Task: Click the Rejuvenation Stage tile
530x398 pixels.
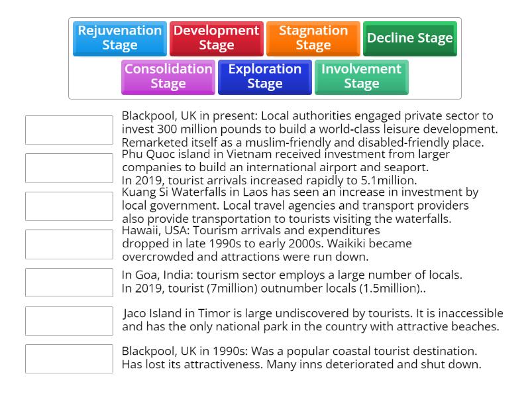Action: (x=120, y=38)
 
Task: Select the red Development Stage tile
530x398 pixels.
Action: (x=216, y=38)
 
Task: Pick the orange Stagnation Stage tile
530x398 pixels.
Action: (x=313, y=38)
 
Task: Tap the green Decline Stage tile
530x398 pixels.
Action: (x=409, y=38)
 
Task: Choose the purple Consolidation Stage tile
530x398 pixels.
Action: (x=168, y=77)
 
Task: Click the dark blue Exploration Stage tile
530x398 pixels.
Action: (x=264, y=77)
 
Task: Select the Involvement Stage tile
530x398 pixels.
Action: (x=361, y=77)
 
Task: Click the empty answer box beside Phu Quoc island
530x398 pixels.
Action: (x=69, y=168)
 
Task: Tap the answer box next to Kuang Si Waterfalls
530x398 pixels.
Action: (x=69, y=206)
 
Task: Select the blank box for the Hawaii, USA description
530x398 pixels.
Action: (x=69, y=244)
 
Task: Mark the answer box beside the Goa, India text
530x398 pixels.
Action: (x=69, y=282)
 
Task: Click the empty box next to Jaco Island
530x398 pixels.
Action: (x=69, y=320)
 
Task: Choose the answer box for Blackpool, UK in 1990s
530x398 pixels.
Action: (x=69, y=358)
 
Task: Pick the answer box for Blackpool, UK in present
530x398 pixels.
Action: (x=69, y=129)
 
